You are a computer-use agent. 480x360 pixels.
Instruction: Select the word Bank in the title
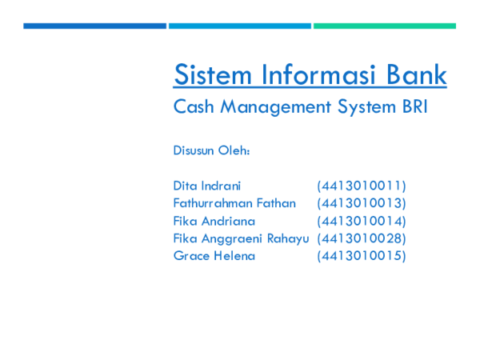coord(411,75)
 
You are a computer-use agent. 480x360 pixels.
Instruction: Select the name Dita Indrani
coord(206,186)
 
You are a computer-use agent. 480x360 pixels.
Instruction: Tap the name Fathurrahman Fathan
coord(234,203)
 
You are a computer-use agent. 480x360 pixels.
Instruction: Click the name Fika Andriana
coord(214,221)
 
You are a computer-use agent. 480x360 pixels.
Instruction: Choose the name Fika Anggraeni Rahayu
coord(241,238)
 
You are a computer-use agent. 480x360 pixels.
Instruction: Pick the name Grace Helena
coord(214,256)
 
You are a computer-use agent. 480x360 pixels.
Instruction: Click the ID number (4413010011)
coord(362,186)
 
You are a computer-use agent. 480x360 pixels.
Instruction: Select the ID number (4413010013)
coord(362,203)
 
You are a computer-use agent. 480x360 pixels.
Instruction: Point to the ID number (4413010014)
coord(362,221)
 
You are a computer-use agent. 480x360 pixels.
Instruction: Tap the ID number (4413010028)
coord(362,238)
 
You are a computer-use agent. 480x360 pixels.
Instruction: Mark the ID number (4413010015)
coord(362,256)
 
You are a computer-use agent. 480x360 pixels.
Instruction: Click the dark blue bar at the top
coord(94,26)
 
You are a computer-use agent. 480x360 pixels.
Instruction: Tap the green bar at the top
coord(384,26)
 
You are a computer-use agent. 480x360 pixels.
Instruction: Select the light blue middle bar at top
coord(239,26)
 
